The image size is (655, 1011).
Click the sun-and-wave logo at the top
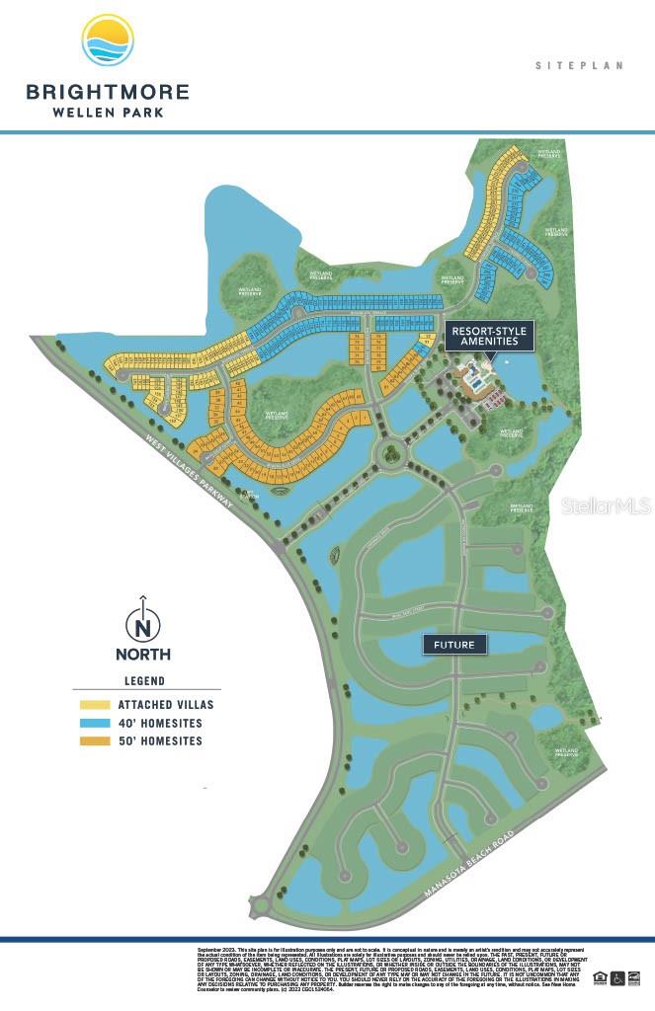click(108, 40)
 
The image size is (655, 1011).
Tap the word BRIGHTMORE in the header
click(108, 93)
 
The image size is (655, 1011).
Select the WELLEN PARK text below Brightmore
click(108, 112)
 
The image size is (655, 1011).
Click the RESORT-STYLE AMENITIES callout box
click(491, 336)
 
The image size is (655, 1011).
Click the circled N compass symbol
click(143, 625)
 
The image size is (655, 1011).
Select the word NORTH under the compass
click(143, 654)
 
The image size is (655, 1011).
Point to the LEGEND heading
click(144, 680)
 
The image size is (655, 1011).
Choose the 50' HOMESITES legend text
click(160, 740)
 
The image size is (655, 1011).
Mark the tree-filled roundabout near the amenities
click(392, 453)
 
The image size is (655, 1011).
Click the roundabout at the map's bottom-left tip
click(262, 904)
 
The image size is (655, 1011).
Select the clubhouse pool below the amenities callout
click(476, 378)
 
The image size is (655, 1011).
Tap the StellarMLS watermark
click(606, 506)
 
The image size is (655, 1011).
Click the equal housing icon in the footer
click(600, 977)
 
